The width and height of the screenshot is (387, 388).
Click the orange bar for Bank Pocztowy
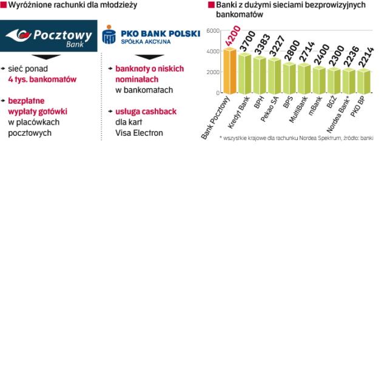click(x=229, y=71)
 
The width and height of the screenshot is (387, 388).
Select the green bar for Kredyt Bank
click(x=244, y=73)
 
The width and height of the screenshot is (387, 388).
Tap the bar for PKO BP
click(x=363, y=81)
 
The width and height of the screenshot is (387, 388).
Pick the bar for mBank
click(x=318, y=79)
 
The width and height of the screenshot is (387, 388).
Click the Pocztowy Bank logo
click(x=49, y=36)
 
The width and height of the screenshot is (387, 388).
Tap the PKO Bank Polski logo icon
click(x=109, y=35)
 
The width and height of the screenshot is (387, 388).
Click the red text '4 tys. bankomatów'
click(x=42, y=79)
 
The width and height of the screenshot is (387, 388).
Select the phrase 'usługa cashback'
click(x=146, y=112)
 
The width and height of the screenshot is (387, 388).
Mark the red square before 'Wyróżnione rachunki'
click(x=3, y=5)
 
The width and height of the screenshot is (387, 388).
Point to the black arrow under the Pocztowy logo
click(x=50, y=56)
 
